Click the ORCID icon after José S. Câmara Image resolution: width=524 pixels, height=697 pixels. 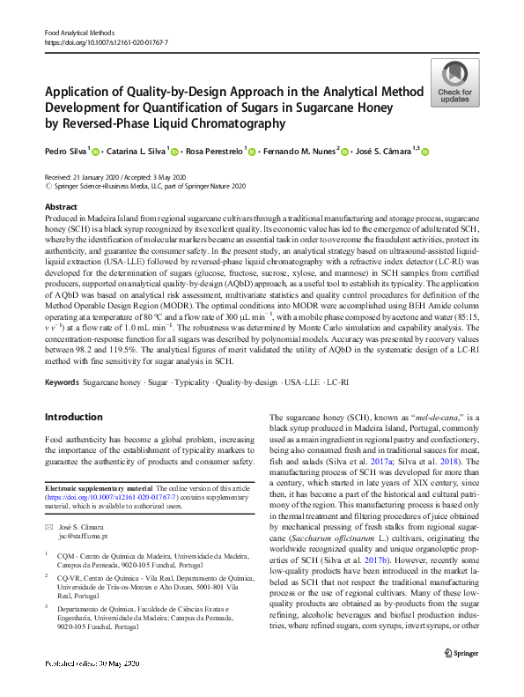click(x=424, y=153)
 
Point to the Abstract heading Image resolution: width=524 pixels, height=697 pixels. click(x=61, y=206)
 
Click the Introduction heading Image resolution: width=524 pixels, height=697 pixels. click(x=73, y=417)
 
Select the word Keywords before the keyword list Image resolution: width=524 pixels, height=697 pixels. click(x=61, y=383)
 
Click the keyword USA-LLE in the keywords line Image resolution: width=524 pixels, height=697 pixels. click(x=299, y=383)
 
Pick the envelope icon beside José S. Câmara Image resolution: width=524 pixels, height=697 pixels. click(x=48, y=525)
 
